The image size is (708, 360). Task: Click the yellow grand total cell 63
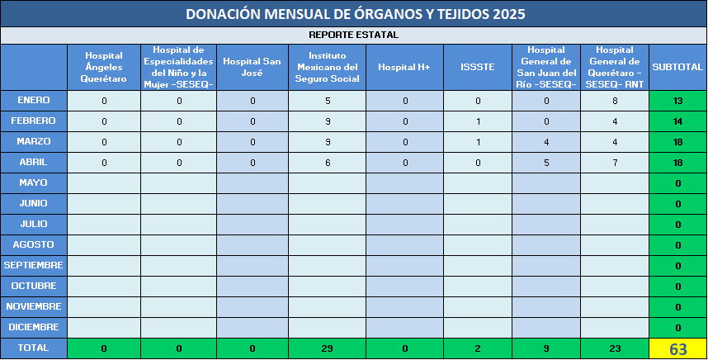[677, 349]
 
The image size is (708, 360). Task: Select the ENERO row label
[33, 100]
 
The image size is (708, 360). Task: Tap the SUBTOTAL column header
[677, 67]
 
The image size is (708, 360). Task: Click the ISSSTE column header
[478, 67]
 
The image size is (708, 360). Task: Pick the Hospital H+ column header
[404, 67]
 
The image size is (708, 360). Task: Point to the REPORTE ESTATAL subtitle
[353, 35]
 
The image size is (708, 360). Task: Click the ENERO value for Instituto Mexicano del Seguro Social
[328, 101]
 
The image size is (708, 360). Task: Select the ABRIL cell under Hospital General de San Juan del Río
[546, 163]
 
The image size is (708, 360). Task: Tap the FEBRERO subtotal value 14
[677, 121]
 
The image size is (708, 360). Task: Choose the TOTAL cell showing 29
[328, 348]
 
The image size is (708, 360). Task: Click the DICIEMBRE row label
[33, 327]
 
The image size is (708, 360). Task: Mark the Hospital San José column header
[252, 67]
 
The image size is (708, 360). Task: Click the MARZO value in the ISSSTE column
[478, 142]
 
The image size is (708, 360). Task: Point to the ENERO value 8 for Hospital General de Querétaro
[615, 101]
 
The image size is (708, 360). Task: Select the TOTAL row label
[33, 348]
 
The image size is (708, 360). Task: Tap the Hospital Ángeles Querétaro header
[104, 67]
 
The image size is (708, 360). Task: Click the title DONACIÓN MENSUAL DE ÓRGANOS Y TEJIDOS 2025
[356, 14]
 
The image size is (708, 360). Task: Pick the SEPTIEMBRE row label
[33, 265]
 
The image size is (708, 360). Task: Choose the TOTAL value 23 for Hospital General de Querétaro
[615, 348]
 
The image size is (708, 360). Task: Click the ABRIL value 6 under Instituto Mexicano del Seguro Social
[328, 163]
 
